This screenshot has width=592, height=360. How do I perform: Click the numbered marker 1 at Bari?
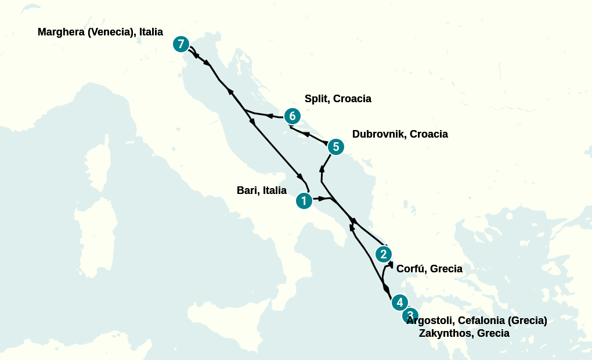click(x=304, y=201)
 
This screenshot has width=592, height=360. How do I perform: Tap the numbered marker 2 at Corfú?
click(x=383, y=254)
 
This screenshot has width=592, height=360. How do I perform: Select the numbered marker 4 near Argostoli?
click(x=399, y=303)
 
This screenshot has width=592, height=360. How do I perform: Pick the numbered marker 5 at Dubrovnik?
click(x=335, y=147)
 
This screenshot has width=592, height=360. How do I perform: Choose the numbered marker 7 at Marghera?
click(x=181, y=44)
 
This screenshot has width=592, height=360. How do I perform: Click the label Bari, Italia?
click(x=262, y=190)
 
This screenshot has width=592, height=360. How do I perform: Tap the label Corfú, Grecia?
click(x=429, y=269)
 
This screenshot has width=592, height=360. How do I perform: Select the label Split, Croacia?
click(x=338, y=99)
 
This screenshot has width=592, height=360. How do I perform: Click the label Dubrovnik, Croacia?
click(x=400, y=134)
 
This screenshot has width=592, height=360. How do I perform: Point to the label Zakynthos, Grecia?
click(x=464, y=333)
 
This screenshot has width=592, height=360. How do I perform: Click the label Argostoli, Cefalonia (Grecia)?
click(x=477, y=321)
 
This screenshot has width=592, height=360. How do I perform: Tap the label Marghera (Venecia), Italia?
click(x=100, y=32)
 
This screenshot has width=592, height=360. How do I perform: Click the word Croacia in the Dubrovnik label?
click(x=429, y=134)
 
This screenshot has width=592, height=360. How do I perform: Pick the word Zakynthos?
click(x=445, y=333)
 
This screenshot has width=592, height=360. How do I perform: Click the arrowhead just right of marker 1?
click(x=322, y=199)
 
